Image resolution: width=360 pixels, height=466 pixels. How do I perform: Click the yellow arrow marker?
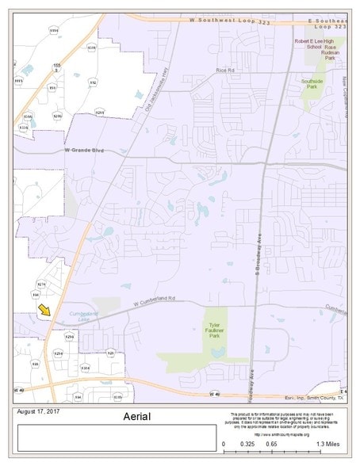44,310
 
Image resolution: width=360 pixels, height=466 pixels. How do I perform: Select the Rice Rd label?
226,71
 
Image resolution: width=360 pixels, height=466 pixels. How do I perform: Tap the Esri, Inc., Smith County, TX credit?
314,398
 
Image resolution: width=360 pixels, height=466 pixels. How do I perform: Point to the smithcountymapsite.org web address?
287,433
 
